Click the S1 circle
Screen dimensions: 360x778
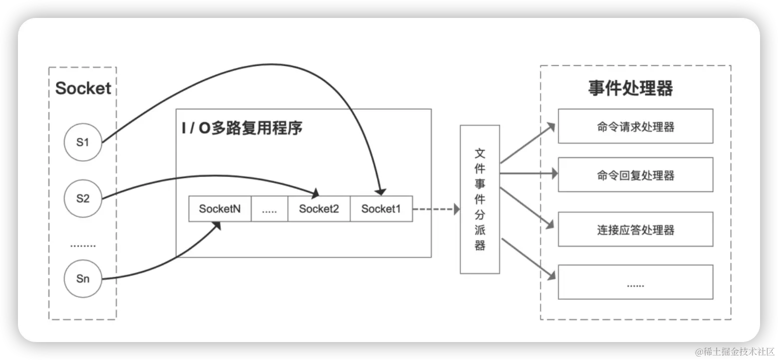(83, 142)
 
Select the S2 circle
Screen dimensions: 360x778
(83, 198)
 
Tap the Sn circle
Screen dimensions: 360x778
(83, 278)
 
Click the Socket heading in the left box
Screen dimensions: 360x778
(83, 88)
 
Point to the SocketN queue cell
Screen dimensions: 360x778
(219, 209)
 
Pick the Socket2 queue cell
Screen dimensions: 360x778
(319, 209)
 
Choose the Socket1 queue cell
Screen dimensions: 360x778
(381, 209)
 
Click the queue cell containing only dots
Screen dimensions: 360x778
(269, 209)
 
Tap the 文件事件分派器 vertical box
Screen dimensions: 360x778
(480, 199)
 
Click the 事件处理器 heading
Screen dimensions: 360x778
(630, 88)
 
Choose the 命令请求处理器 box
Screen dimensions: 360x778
(635, 127)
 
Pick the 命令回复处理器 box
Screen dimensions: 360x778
(635, 175)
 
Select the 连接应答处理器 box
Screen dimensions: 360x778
(635, 229)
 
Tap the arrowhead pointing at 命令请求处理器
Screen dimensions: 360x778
(551, 126)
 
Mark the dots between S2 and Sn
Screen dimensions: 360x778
(83, 245)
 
